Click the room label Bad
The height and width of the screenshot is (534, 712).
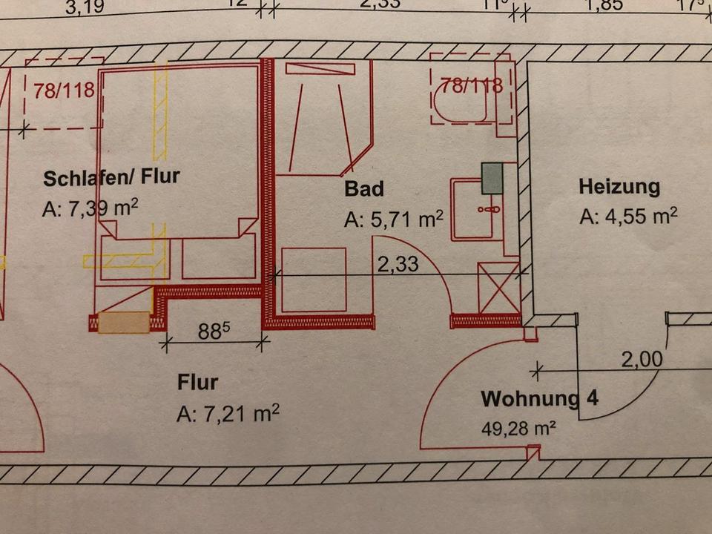point(364,189)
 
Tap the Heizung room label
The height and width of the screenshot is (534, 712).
point(619,186)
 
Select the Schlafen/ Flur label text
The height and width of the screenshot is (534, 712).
point(111,178)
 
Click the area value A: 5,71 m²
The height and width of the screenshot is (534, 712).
point(394,220)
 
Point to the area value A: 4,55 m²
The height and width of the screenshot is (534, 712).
point(629,217)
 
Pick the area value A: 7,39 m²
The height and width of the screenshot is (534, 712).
point(90,208)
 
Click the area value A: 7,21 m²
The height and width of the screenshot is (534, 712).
point(228,414)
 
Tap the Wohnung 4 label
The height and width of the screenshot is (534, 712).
point(539,398)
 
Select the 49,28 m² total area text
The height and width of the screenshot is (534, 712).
point(519,428)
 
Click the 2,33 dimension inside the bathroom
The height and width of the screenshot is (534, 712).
point(398,264)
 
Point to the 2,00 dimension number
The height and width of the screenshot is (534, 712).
point(641,360)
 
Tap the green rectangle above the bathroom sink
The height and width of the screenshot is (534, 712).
point(492,178)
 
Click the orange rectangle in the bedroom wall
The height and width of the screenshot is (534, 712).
point(124,323)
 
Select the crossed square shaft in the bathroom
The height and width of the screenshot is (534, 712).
point(498,288)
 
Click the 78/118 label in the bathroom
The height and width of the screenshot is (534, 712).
point(472,85)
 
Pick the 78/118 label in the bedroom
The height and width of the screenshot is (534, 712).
point(65,90)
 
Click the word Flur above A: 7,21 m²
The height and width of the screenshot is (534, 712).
point(197,383)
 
